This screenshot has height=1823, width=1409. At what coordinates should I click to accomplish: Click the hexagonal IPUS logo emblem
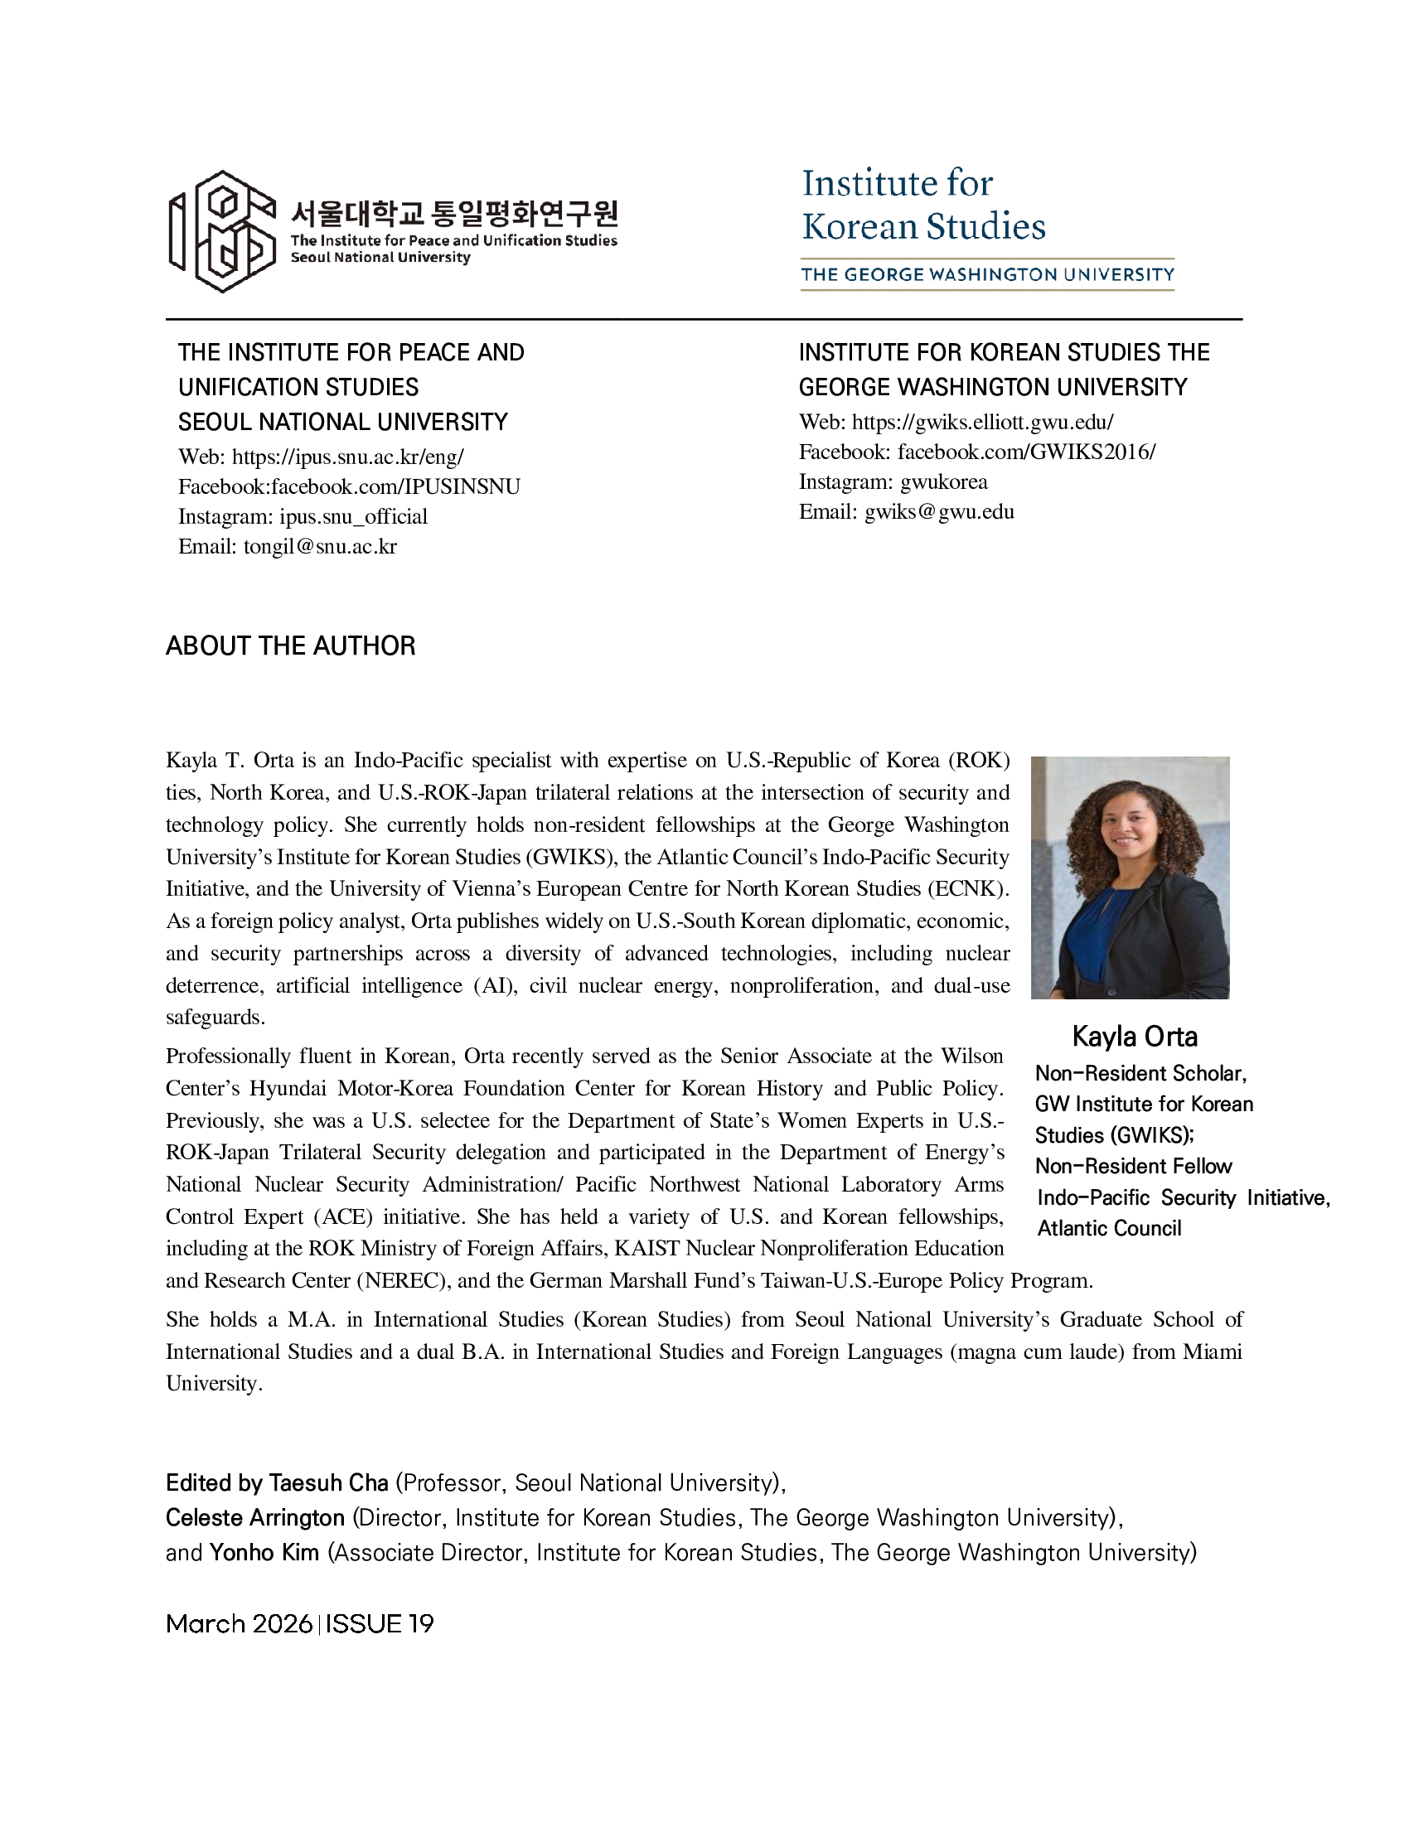coord(223,231)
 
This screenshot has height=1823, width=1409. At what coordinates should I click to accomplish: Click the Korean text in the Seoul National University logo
coord(454,214)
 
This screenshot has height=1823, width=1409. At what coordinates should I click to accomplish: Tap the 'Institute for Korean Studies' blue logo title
coord(922,206)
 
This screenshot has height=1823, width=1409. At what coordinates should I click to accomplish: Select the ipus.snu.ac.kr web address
coord(347,457)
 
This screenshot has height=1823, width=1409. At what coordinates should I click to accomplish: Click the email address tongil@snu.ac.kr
coord(320,547)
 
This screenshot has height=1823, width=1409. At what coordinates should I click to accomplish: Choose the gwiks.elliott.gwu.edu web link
coord(982,423)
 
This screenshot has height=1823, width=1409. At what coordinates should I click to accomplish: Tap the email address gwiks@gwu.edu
coord(939,511)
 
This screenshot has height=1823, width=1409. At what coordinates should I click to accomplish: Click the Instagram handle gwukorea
coord(943,481)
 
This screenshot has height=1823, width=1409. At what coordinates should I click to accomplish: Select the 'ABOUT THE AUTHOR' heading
coord(290,646)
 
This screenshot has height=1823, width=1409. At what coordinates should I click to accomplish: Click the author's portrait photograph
coord(1130,878)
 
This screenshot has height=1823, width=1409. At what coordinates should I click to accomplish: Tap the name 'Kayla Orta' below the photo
coord(1135,1037)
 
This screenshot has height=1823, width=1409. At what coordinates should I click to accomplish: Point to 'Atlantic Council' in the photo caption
coord(1109,1228)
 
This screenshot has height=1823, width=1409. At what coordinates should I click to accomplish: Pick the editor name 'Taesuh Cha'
coord(328,1482)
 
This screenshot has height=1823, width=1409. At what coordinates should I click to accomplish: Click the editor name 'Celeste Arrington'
coord(254,1517)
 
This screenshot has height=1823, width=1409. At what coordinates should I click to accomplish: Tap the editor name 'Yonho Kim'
coord(264,1553)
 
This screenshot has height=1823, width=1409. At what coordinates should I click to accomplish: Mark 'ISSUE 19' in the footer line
coord(380,1623)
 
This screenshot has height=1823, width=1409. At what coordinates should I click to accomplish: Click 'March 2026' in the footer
coord(239,1623)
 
